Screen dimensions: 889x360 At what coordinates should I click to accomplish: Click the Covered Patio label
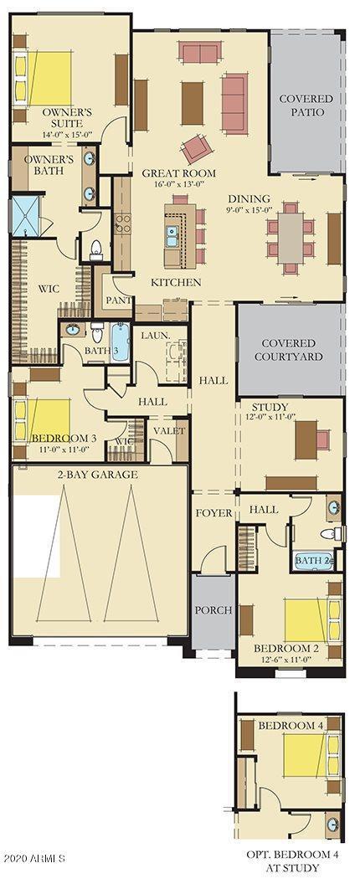(306, 105)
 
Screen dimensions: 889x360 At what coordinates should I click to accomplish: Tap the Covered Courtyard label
(288, 350)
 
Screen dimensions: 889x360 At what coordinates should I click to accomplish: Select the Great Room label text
(178, 173)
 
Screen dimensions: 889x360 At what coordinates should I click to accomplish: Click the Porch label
(213, 610)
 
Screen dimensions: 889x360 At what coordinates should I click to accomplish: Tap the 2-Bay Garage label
(98, 475)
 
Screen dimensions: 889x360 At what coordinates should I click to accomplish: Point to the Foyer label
(213, 513)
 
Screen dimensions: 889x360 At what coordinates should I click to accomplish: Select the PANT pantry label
(116, 300)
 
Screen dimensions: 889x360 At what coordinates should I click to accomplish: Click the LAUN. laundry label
(155, 336)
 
